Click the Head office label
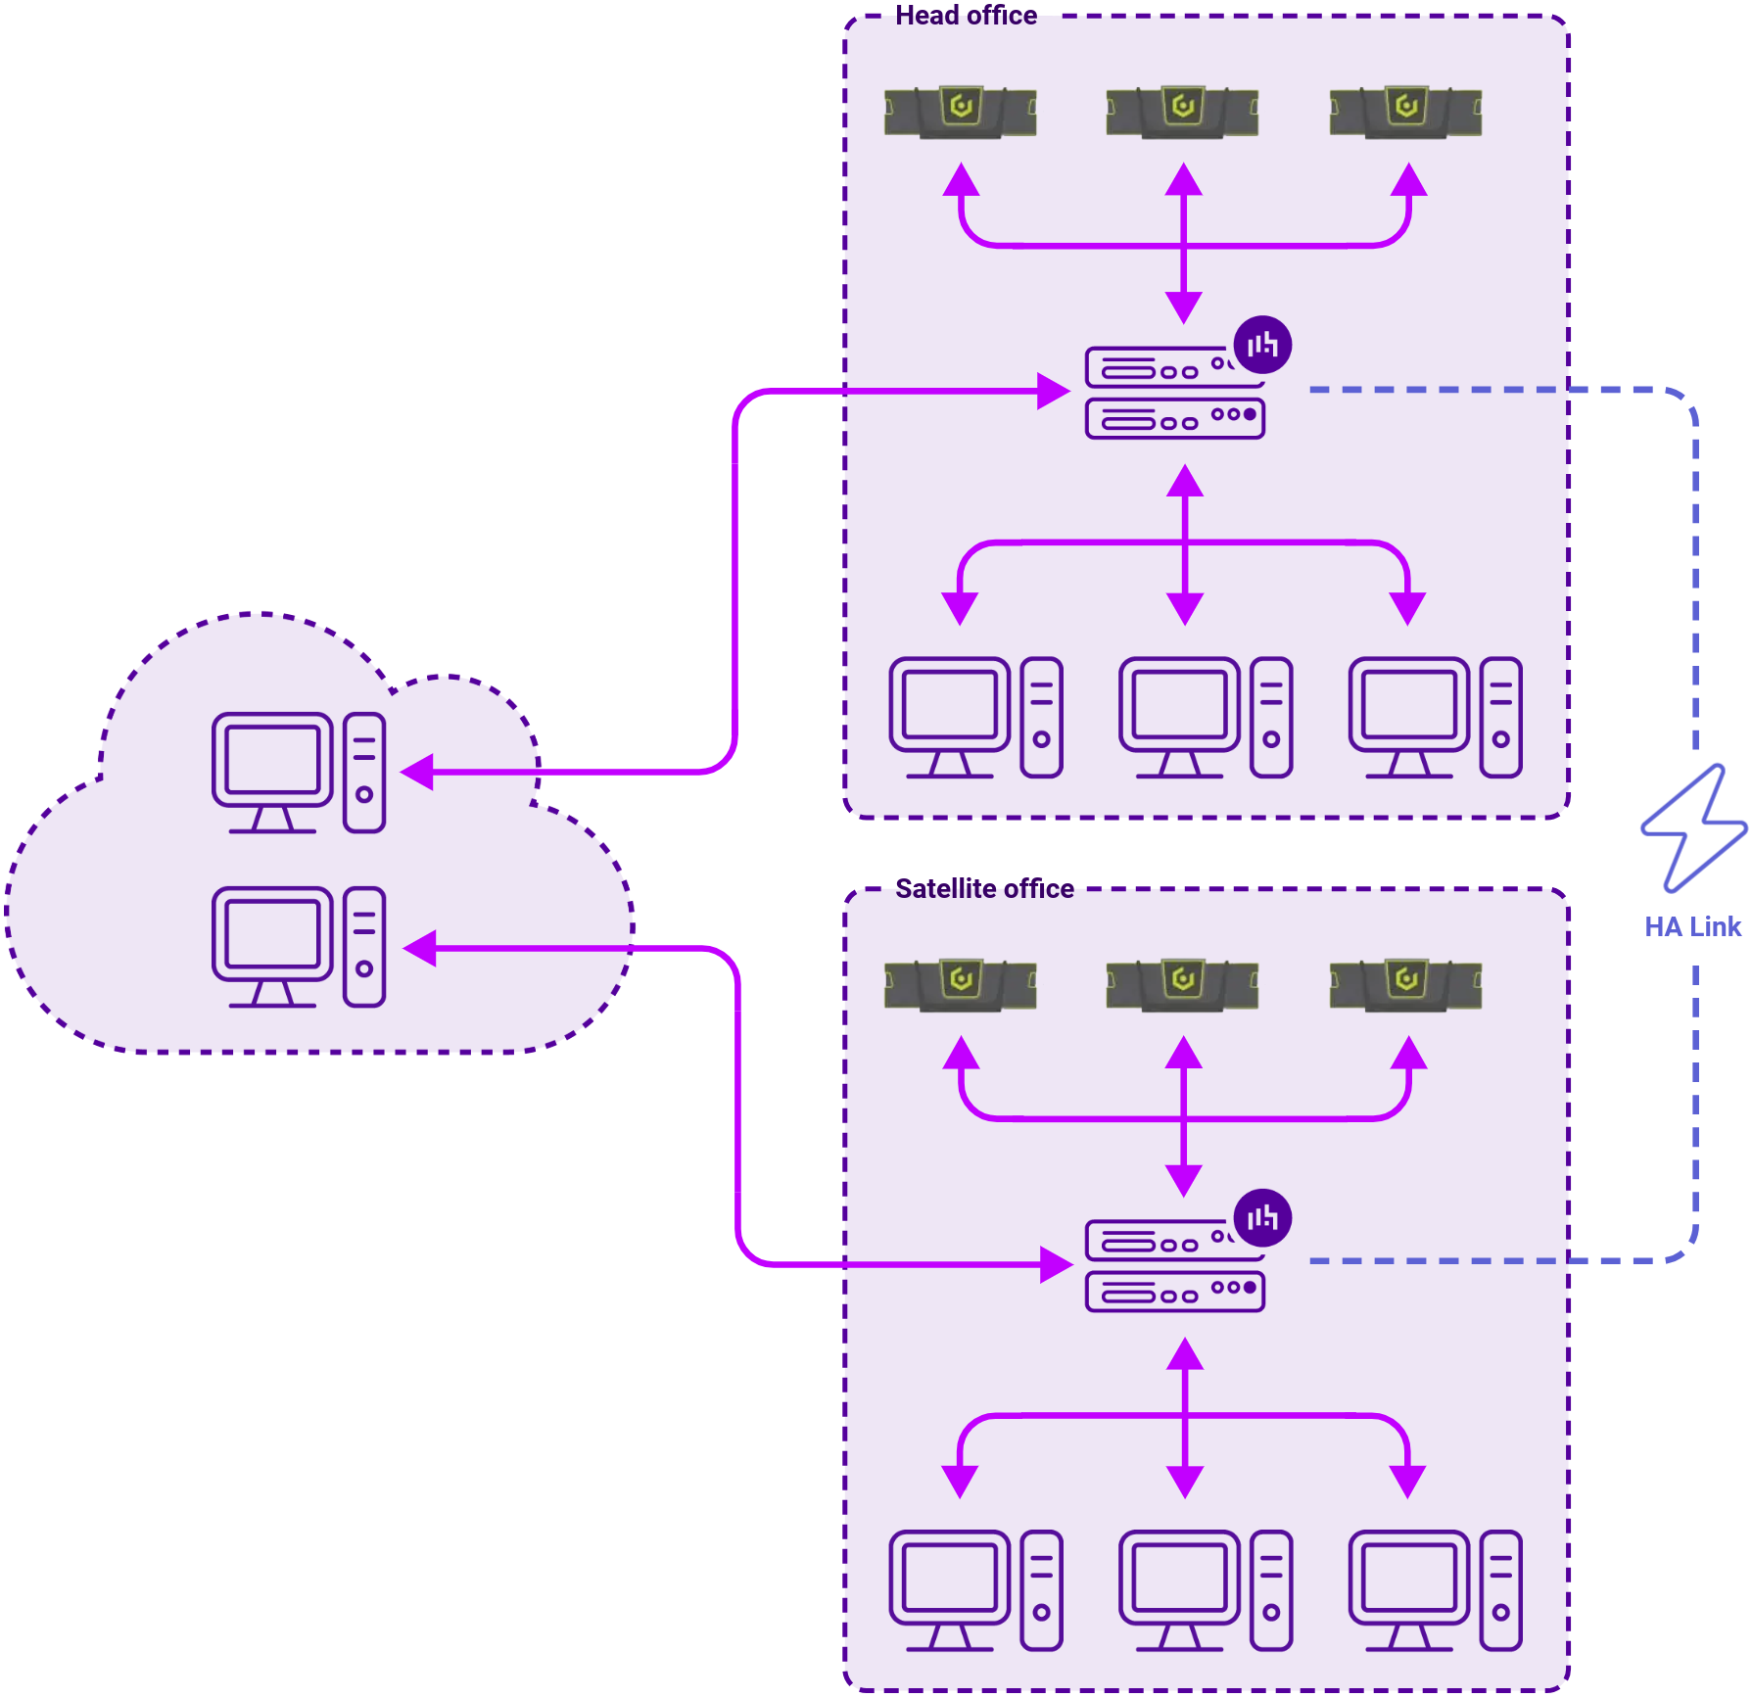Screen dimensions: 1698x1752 point(966,16)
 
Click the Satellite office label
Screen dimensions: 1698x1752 point(984,888)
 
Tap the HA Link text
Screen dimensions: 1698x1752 point(1691,926)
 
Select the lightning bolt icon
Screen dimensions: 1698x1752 point(1694,828)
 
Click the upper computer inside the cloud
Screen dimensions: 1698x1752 point(299,773)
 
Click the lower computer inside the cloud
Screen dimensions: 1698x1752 point(299,947)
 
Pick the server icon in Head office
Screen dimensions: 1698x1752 point(1174,393)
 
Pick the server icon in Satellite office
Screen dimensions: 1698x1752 point(1174,1265)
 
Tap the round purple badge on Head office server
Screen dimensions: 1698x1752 point(1262,345)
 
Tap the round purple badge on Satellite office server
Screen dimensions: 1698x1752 point(1262,1218)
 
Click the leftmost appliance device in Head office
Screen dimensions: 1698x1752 point(960,112)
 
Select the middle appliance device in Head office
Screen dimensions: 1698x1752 point(1182,112)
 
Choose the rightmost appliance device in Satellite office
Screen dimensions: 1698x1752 point(1405,984)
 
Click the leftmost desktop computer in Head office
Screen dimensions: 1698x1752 point(975,718)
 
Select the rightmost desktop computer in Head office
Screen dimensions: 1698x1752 point(1435,718)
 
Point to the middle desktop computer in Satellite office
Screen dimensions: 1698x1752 point(1206,1590)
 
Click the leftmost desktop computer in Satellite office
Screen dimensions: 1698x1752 point(975,1590)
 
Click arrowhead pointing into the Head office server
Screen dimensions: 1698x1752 point(1054,391)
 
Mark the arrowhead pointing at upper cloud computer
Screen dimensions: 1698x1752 point(418,772)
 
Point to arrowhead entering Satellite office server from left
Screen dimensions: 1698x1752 point(1056,1264)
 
